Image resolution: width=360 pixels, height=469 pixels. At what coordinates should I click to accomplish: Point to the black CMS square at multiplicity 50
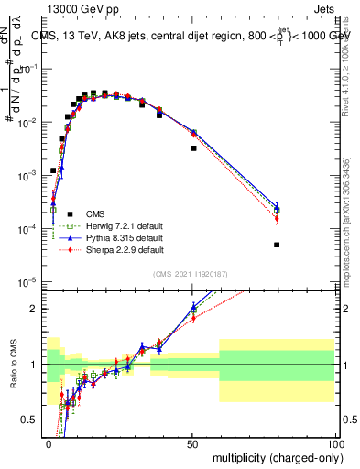[x=193, y=147]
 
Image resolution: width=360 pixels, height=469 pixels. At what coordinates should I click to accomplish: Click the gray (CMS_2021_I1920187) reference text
[x=191, y=273]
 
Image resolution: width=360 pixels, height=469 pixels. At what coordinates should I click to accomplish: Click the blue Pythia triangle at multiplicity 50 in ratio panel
[x=193, y=307]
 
